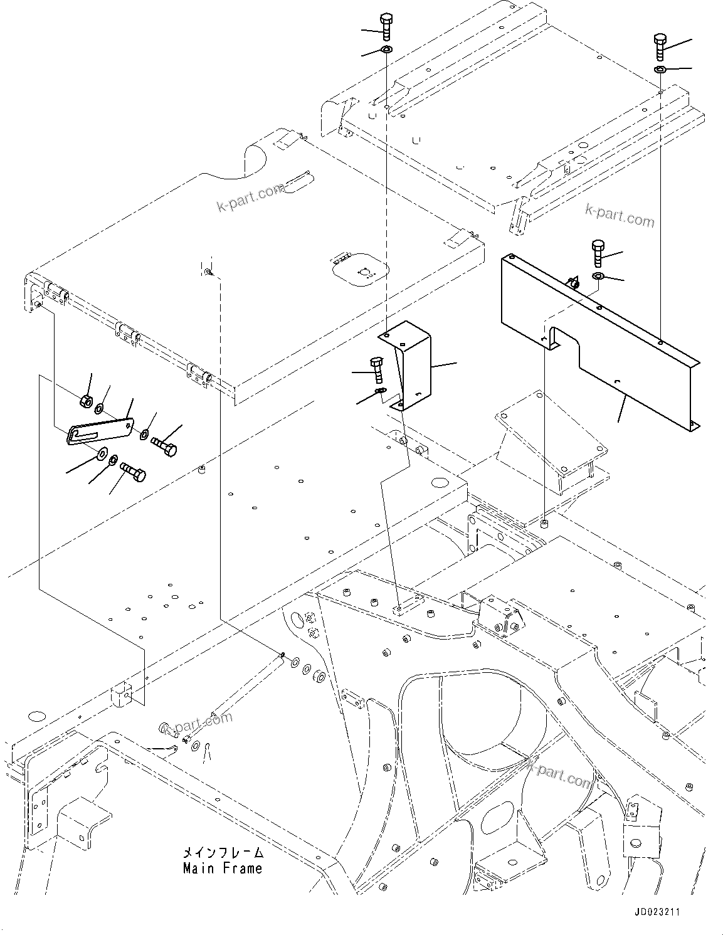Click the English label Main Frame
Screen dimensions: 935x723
click(x=222, y=869)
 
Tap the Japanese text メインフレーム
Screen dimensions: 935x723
click(x=223, y=853)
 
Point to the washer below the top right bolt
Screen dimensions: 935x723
click(x=660, y=69)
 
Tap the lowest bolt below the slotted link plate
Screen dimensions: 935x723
click(x=133, y=472)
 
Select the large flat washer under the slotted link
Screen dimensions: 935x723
click(x=102, y=453)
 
